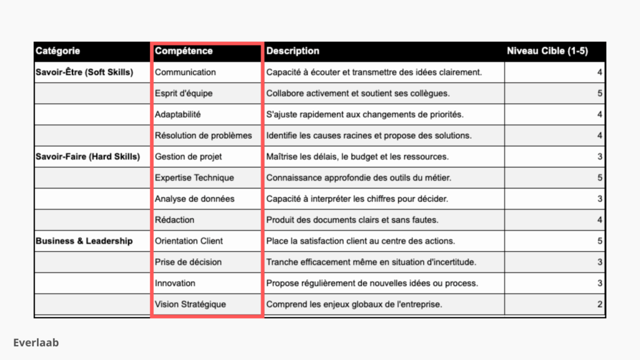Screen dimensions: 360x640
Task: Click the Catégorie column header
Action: click(x=57, y=51)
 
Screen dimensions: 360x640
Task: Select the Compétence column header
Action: click(x=184, y=51)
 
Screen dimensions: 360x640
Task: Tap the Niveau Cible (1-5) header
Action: click(x=547, y=51)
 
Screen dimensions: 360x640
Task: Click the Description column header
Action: click(x=292, y=51)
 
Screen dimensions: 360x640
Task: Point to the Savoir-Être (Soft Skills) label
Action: click(x=84, y=72)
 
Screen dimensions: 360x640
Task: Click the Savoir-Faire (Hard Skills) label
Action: click(x=87, y=156)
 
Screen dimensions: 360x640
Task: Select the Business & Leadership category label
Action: click(x=84, y=241)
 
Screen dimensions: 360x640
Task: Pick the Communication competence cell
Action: click(x=185, y=72)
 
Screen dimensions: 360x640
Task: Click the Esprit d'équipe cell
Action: click(x=184, y=94)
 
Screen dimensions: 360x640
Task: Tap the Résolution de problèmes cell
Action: click(x=203, y=136)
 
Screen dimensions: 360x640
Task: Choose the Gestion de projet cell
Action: click(x=188, y=156)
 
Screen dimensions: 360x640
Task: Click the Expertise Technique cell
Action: click(x=194, y=177)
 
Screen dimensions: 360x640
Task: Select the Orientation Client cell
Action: click(x=189, y=241)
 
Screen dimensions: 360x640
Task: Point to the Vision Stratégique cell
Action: click(x=191, y=304)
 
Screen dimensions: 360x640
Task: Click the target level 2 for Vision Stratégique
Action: click(x=600, y=304)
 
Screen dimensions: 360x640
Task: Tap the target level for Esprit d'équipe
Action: click(x=600, y=94)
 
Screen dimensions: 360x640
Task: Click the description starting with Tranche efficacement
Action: click(x=370, y=262)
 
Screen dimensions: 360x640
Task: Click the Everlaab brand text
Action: click(x=36, y=342)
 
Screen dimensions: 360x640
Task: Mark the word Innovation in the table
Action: click(x=175, y=283)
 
